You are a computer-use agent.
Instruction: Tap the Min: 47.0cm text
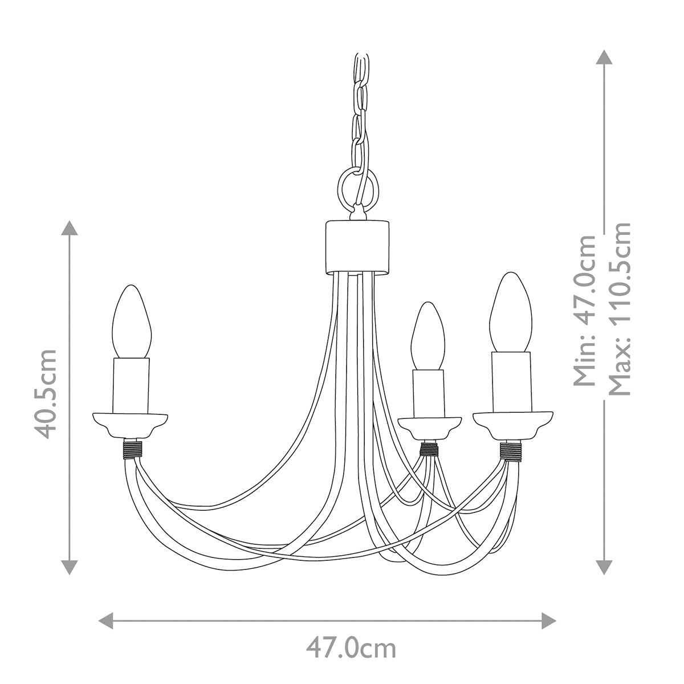point(584,311)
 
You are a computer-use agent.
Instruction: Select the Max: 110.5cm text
point(620,308)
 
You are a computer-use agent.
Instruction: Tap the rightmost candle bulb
point(511,313)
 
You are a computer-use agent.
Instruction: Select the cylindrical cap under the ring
point(357,246)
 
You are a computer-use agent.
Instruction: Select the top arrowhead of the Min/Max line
point(603,58)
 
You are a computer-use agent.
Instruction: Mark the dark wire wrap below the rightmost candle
point(511,451)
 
